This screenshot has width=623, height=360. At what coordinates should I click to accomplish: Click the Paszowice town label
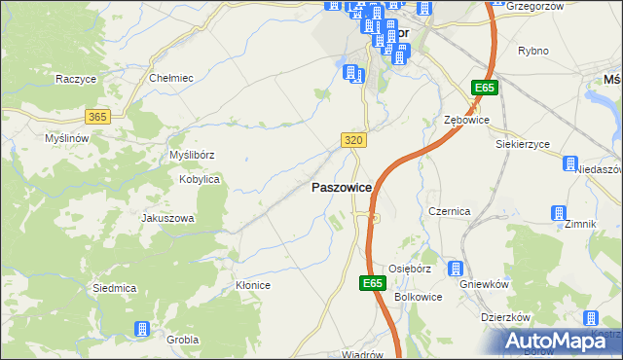(x=340, y=188)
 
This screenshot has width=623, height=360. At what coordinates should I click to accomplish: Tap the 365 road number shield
(x=96, y=117)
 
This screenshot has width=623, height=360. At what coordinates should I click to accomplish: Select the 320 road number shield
(x=354, y=141)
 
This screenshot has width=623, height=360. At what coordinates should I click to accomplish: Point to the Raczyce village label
(x=74, y=79)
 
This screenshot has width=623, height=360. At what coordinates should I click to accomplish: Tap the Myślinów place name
(x=67, y=139)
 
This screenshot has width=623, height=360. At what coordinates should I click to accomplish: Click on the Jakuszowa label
(x=168, y=219)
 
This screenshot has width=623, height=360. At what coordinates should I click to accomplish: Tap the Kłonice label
(x=253, y=285)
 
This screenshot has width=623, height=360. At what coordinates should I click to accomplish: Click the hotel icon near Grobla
(x=142, y=330)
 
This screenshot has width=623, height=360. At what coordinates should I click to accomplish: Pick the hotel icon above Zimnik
(x=558, y=213)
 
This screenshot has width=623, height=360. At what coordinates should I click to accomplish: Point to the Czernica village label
(x=450, y=211)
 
